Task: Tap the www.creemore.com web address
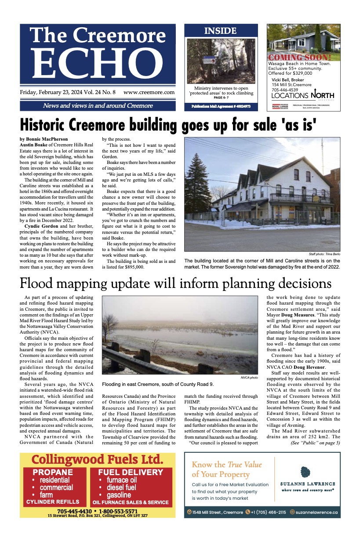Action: coord(149,93)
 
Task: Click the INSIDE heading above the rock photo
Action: coord(220,31)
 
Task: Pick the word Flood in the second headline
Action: coord(41,283)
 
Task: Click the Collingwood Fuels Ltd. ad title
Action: coord(97,460)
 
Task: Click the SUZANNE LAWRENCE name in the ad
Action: coord(308,484)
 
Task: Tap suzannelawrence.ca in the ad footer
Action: coord(316,512)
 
